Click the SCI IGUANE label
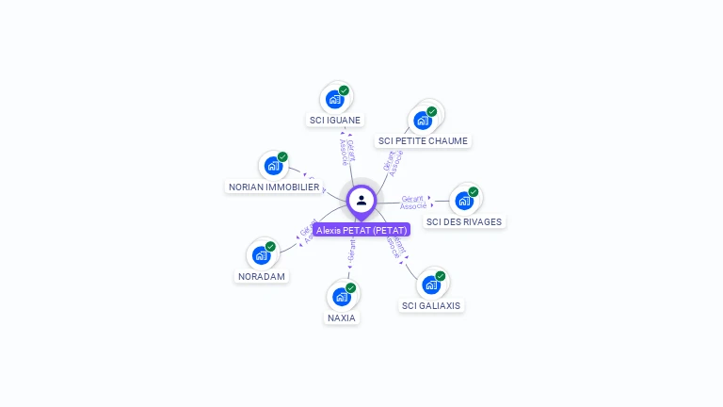click(x=335, y=120)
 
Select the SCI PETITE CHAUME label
click(x=423, y=141)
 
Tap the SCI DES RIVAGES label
click(x=464, y=222)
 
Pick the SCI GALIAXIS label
click(x=432, y=305)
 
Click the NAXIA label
click(x=342, y=317)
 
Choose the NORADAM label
click(x=262, y=277)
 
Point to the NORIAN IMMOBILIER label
click(x=274, y=187)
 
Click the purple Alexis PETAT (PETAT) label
click(x=361, y=230)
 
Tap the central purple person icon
click(x=361, y=200)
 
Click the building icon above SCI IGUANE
click(x=334, y=98)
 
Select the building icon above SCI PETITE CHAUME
click(x=422, y=120)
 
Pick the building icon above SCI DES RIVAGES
click(x=463, y=200)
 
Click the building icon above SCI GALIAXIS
click(x=431, y=284)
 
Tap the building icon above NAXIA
click(x=342, y=296)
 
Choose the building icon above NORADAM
click(x=261, y=254)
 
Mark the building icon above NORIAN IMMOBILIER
click(x=273, y=166)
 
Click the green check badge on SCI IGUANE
click(x=344, y=90)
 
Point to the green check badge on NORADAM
click(x=270, y=247)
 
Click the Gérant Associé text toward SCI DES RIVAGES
click(x=414, y=202)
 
